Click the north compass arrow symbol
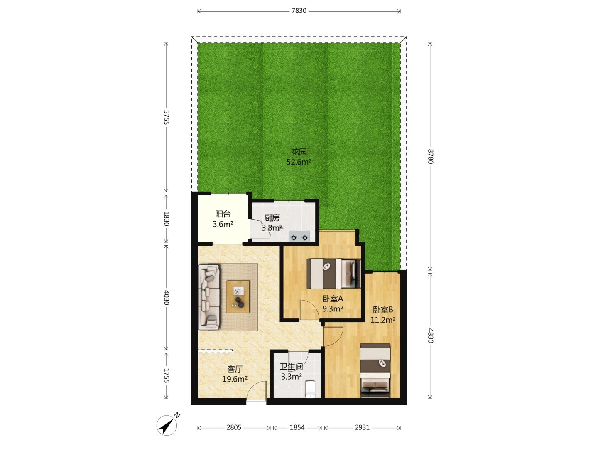pos(167,425)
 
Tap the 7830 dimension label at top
pos(299,11)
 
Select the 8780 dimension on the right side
pos(430,156)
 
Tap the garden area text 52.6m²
pos(299,162)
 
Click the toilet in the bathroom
pos(311,389)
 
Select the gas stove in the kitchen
pos(299,237)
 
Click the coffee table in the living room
pos(238,296)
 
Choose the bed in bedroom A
pos(334,274)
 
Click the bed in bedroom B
pos(375,370)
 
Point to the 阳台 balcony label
pos(223,214)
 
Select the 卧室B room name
pos(383,310)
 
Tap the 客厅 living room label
pos(235,369)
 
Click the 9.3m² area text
pos(333,309)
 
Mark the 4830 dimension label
pos(430,336)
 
